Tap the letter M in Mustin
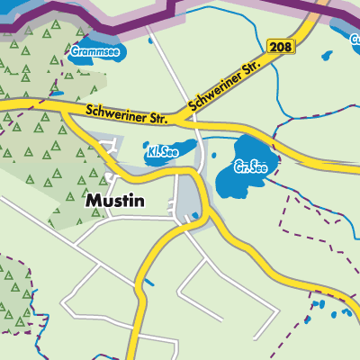pos(93,202)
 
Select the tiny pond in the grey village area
pos(193,216)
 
